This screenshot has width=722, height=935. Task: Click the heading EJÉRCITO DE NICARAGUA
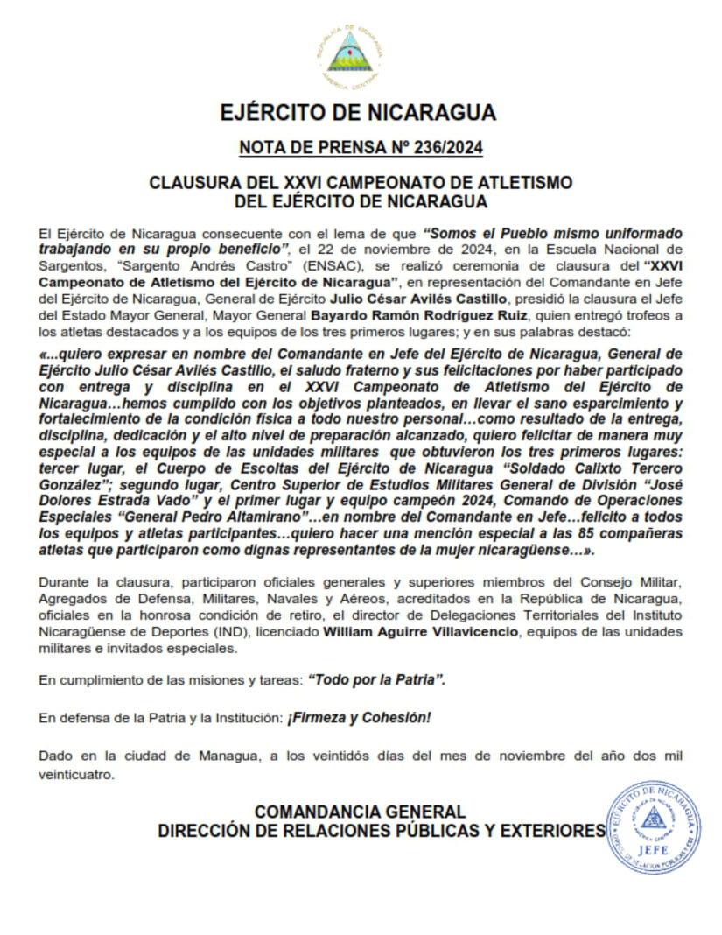359,113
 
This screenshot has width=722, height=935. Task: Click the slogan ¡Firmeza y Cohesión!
360,718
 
